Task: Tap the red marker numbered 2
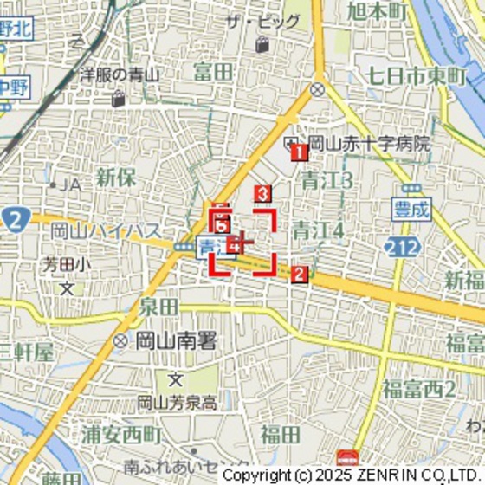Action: tap(299, 275)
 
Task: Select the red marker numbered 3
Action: tap(262, 194)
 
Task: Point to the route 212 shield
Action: tap(399, 249)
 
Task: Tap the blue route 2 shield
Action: tap(13, 218)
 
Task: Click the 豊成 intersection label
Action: tap(411, 208)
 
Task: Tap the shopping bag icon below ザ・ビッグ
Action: tap(262, 43)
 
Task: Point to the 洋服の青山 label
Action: tap(120, 75)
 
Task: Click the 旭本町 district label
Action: tap(377, 11)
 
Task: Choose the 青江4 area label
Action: tap(318, 230)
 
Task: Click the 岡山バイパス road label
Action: tap(106, 230)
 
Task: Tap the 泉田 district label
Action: tap(158, 307)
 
